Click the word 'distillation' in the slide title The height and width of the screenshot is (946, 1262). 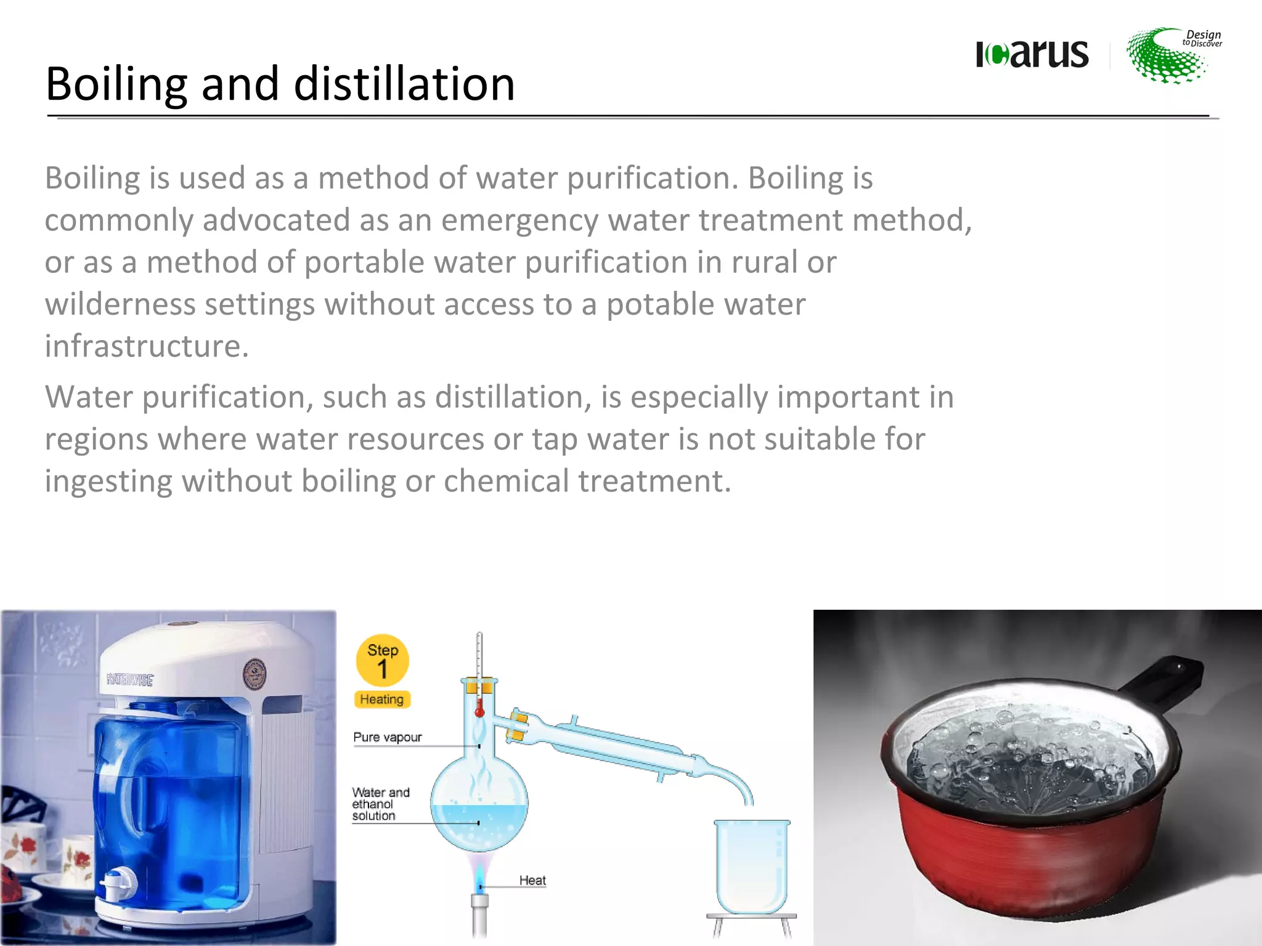404,84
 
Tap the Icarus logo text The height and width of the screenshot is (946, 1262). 1032,54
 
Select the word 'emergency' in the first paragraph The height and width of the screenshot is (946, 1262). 519,220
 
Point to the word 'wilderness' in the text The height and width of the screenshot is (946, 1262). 120,304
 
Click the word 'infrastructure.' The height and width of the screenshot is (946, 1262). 147,346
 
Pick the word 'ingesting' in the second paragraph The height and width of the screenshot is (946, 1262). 108,482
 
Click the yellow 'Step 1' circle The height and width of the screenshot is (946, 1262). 382,660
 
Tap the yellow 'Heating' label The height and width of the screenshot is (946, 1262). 382,700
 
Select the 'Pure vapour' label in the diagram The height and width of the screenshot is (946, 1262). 388,737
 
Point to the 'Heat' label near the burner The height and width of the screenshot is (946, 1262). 532,881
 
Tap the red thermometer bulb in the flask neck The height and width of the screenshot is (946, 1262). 479,712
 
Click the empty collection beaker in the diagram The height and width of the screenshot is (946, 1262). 752,865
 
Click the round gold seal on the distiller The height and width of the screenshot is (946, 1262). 254,674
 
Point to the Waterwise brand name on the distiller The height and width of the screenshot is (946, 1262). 130,680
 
